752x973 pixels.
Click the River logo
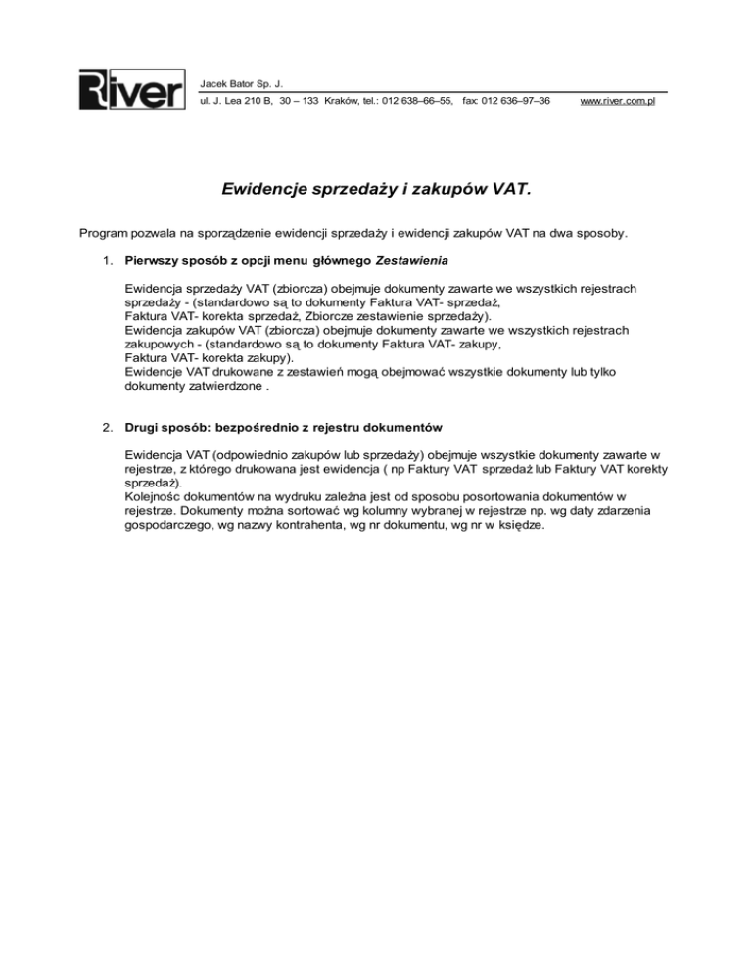(131, 90)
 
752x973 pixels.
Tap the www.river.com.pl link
(617, 101)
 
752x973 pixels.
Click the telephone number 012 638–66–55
(417, 101)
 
